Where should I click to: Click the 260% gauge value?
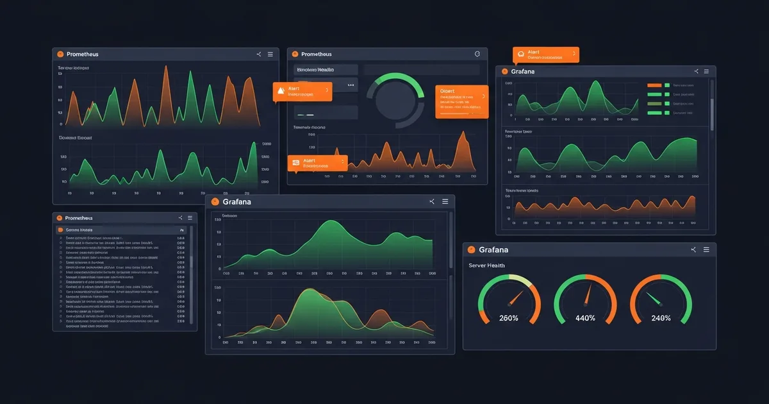point(508,318)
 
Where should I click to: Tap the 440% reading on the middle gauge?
point(585,318)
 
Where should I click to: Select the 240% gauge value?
point(661,318)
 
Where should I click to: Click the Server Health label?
point(486,265)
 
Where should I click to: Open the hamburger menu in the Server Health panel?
point(706,249)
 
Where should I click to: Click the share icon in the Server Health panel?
point(693,249)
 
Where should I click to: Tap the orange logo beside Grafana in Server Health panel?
point(471,249)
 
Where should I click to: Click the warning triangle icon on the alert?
point(279,91)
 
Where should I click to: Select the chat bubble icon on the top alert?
point(521,54)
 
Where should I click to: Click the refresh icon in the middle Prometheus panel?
point(476,55)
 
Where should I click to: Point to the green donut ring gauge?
point(395,100)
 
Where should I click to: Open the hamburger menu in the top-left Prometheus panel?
point(270,55)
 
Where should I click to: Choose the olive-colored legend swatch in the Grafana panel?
point(654,103)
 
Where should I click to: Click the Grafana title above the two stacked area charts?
point(236,202)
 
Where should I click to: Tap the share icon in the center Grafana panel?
point(432,202)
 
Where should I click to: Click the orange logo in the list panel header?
point(60,218)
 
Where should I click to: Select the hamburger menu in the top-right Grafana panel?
point(706,71)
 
